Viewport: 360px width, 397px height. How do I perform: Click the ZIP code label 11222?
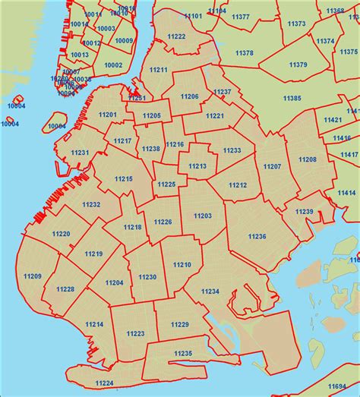pos(177,36)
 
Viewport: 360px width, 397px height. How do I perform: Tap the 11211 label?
pos(159,70)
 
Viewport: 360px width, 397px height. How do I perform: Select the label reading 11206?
pos(190,96)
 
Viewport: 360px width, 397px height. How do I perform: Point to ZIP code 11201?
pos(108,115)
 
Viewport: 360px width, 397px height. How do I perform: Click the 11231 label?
pos(81,153)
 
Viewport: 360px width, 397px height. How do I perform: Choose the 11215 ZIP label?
pos(124,178)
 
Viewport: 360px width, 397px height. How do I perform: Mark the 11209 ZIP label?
pos(33,276)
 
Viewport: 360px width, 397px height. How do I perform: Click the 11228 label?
pos(66,289)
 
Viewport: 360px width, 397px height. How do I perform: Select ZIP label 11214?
pos(94,324)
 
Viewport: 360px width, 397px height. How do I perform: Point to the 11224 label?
pos(104,383)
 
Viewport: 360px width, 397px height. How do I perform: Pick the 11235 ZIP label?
pos(183,353)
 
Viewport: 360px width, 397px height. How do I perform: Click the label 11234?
pos(210,291)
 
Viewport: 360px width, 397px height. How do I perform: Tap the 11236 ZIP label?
pos(257,237)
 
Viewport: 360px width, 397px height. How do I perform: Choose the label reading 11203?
pos(203,216)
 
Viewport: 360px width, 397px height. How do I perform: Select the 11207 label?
pos(272,165)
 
